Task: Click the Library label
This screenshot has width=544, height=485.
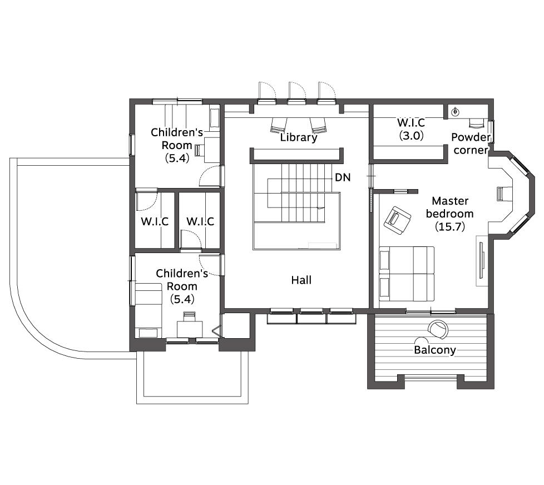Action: (299, 137)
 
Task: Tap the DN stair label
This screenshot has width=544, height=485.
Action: (343, 177)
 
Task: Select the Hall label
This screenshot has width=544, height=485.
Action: (301, 280)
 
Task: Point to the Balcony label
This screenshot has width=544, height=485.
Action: (435, 350)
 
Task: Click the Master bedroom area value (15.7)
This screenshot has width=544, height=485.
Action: (449, 227)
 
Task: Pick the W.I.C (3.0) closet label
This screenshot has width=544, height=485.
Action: (411, 128)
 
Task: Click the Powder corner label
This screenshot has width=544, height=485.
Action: (471, 143)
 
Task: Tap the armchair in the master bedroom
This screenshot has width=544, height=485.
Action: (397, 220)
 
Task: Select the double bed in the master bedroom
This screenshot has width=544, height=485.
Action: (407, 274)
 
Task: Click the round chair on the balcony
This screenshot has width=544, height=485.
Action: (438, 329)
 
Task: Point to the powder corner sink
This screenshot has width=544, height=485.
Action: (455, 112)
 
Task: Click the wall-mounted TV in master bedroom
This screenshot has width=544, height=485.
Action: (481, 260)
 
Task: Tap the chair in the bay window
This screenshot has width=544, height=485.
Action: (500, 194)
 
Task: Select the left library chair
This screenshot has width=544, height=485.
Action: (279, 125)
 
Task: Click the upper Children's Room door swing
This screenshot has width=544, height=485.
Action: (209, 176)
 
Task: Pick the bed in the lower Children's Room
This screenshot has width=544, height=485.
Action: (149, 310)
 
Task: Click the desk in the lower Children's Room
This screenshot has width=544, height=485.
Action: (190, 329)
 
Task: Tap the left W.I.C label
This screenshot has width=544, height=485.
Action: (155, 221)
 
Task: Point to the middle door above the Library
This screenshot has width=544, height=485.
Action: (296, 93)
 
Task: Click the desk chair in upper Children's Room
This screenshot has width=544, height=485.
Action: (199, 150)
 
